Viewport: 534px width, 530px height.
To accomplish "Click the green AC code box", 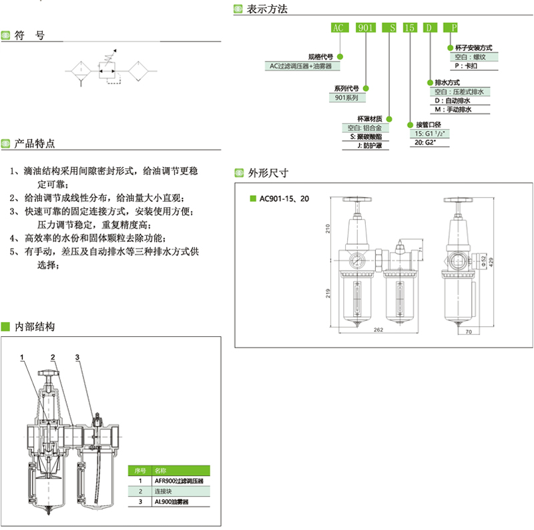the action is coord(339,28).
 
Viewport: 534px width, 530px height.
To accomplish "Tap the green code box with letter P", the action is coord(454,28).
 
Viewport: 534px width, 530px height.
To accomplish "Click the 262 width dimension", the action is coord(378,329).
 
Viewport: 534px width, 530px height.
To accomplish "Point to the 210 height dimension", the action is coord(329,229).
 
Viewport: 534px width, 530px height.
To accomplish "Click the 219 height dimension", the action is coord(329,293).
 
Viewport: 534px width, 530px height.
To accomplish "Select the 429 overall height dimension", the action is coord(493,262).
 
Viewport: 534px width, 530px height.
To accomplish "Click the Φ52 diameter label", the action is coord(483,262).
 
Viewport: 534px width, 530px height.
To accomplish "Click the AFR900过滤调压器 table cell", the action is coord(178,481).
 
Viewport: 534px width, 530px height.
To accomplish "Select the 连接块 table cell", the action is coord(164,491).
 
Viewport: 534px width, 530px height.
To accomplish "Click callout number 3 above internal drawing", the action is coord(77,358).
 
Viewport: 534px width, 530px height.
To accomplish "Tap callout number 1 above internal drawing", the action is coord(22,358).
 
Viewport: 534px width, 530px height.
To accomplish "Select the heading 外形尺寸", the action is coord(267,172).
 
